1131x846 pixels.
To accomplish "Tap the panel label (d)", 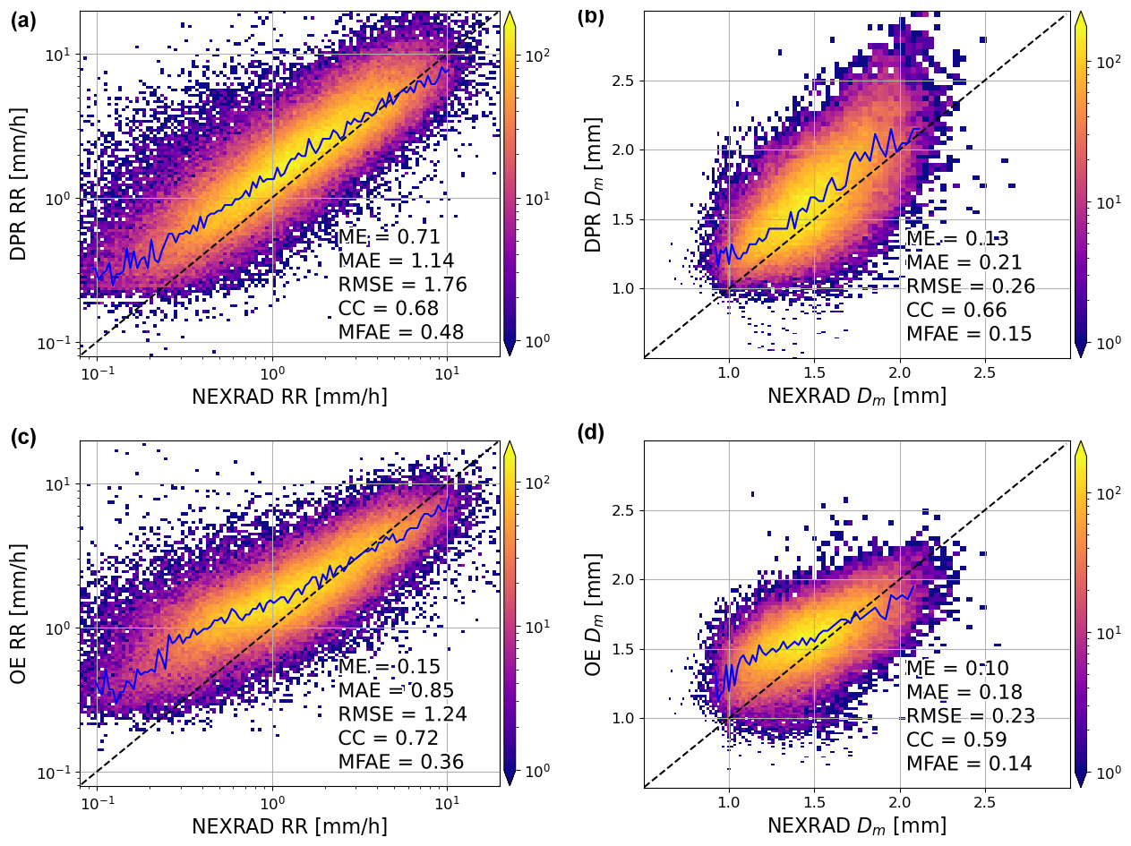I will pyautogui.click(x=591, y=433).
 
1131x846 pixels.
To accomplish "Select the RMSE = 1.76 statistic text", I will pyautogui.click(x=402, y=285).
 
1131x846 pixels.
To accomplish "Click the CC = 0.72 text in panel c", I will pyautogui.click(x=388, y=739).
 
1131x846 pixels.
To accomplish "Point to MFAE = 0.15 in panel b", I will pyautogui.click(x=969, y=334).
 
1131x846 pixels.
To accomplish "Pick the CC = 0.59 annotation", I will pyautogui.click(x=956, y=740).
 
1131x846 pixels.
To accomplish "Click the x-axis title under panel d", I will pyautogui.click(x=856, y=826).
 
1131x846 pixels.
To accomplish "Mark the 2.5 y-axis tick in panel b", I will pyautogui.click(x=623, y=81).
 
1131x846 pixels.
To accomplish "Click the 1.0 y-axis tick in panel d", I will pyautogui.click(x=623, y=718).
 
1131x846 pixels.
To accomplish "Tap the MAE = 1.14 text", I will pyautogui.click(x=396, y=261).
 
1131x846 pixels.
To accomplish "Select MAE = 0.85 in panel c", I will pyautogui.click(x=396, y=691).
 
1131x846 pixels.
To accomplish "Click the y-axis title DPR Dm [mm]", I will pyautogui.click(x=595, y=184).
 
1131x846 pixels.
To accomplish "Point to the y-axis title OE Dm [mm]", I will pyautogui.click(x=595, y=614).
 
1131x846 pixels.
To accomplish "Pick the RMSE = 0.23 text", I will pyautogui.click(x=971, y=716).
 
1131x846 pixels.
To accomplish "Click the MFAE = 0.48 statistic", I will pyautogui.click(x=400, y=332).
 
